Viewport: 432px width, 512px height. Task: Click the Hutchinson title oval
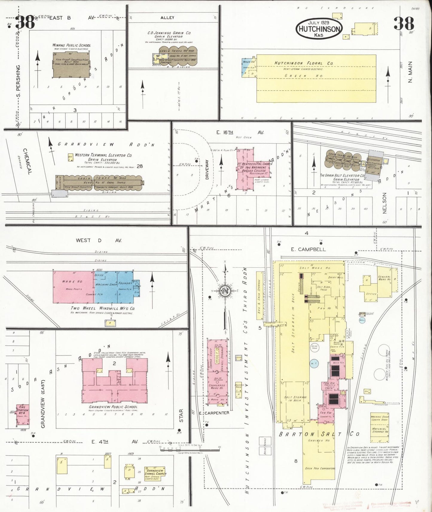(319, 29)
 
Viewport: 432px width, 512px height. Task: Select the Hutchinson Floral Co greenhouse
(316, 78)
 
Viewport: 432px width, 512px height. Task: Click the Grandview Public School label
(113, 407)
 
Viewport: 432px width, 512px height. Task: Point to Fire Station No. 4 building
(23, 415)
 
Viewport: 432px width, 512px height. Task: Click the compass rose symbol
(225, 291)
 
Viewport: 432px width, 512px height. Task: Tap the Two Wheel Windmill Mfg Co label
(103, 308)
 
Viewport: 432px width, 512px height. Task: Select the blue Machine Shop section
(106, 287)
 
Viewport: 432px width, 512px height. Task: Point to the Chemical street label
(26, 161)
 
